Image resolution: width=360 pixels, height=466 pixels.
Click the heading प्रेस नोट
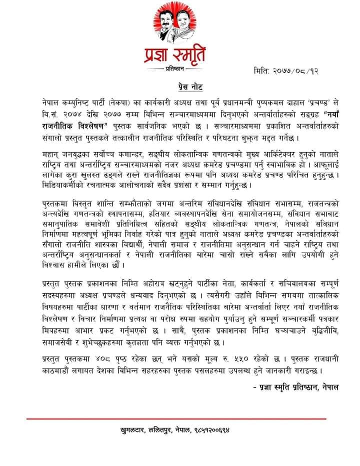pos(179,85)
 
